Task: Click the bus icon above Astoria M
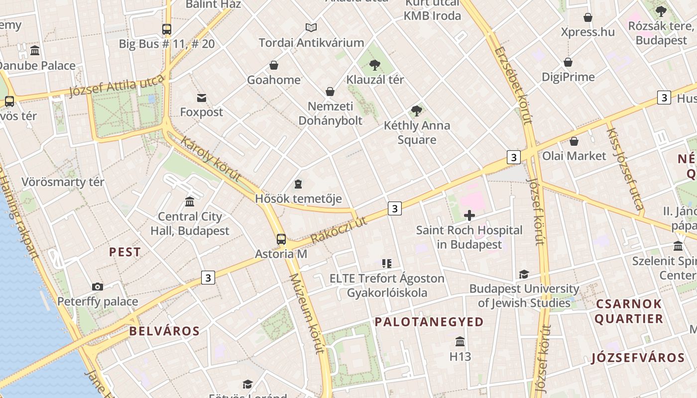click(x=281, y=239)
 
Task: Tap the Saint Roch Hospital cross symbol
click(x=469, y=215)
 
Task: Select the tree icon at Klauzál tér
click(x=375, y=65)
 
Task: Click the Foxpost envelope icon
click(x=202, y=98)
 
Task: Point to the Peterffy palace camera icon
click(x=98, y=287)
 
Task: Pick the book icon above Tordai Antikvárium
click(x=311, y=28)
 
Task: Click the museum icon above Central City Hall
click(x=190, y=201)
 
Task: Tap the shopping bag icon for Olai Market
click(x=574, y=141)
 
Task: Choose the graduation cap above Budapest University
click(x=524, y=274)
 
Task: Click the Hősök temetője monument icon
click(x=298, y=185)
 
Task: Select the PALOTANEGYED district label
click(x=429, y=322)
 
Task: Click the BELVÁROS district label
click(x=164, y=331)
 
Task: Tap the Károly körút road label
click(x=211, y=158)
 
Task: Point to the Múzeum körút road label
click(x=307, y=313)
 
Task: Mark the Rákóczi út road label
click(x=339, y=230)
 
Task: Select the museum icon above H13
click(x=460, y=342)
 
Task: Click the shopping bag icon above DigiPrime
click(x=568, y=62)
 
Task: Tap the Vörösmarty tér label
click(x=63, y=182)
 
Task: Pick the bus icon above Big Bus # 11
click(x=167, y=29)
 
